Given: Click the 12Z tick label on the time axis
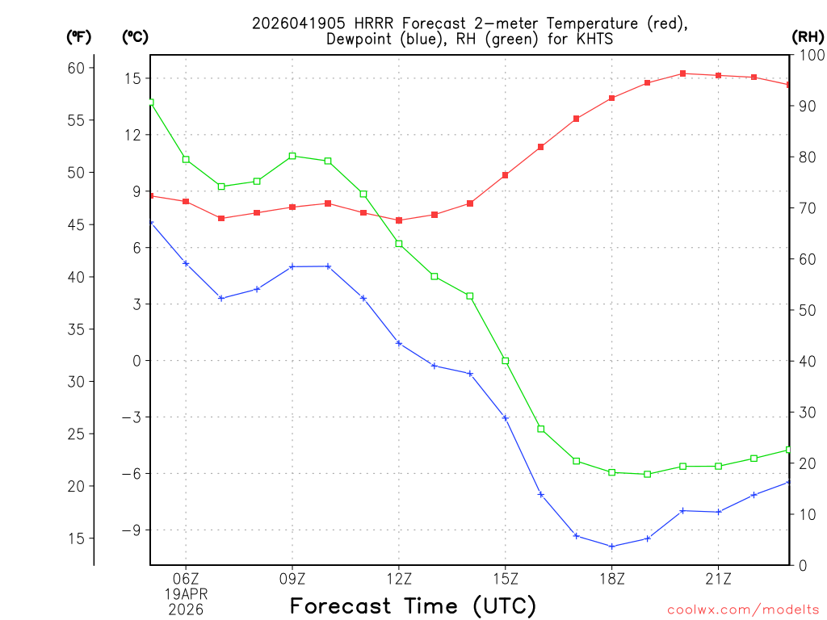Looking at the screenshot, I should (399, 578).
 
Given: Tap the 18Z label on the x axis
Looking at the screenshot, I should (612, 578).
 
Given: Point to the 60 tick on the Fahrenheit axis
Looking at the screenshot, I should (76, 68).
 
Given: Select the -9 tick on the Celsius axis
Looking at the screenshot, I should (129, 530).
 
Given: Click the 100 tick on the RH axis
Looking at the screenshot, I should (810, 55).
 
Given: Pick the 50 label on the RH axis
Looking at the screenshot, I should (806, 310).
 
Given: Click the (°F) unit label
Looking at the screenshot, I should (78, 36).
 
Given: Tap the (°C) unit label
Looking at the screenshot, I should (135, 36).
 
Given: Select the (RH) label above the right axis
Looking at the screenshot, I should (808, 36).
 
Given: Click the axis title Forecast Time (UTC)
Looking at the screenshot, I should (413, 605).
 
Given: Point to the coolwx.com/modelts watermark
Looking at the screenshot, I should (743, 610).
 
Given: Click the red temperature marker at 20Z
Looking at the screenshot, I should (683, 73).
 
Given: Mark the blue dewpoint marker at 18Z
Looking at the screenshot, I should (612, 547).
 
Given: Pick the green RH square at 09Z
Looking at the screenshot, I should (292, 156).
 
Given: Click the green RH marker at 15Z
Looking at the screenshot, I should (506, 361).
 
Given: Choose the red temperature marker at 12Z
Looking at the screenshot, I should (399, 220).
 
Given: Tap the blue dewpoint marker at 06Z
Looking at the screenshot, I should (186, 263).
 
